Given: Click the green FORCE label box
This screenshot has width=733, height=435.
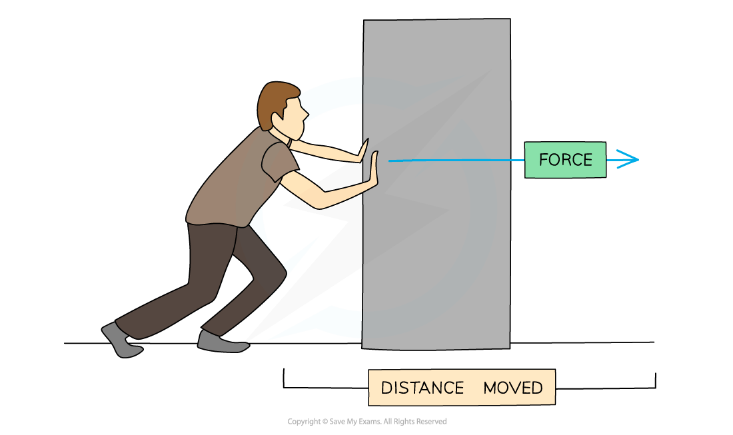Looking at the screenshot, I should coord(565,160).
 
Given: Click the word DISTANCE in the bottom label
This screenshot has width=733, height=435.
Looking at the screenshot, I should coord(422,388).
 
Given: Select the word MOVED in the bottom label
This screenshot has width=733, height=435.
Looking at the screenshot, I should coord(512,388).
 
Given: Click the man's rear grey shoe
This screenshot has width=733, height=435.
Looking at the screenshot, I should coord(121,341).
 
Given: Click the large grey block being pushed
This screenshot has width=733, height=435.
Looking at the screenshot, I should coord(436,253).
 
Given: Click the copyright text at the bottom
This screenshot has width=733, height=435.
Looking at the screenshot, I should coord(366,422).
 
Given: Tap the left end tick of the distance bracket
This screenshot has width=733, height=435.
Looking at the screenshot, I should coord(284,378).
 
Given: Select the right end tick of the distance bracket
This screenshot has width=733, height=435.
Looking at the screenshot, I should coord(656,380).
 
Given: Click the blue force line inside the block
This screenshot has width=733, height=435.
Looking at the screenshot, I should coord(453,160).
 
